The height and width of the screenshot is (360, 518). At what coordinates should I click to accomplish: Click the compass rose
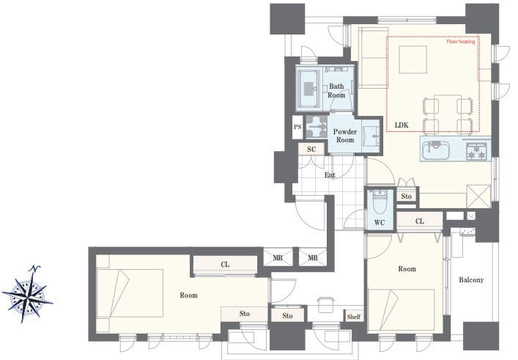click(x=27, y=294)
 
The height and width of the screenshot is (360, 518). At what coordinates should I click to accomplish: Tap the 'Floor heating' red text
click(x=461, y=42)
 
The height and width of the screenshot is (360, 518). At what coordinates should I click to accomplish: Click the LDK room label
click(x=402, y=125)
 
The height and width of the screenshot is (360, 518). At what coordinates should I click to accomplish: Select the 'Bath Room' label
click(x=336, y=91)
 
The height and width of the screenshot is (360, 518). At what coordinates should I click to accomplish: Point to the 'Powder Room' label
click(x=345, y=136)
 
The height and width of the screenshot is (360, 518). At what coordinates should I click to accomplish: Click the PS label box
click(x=297, y=127)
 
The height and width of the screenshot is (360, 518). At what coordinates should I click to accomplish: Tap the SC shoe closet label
click(x=311, y=149)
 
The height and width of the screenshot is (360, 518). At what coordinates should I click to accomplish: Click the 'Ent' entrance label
click(x=330, y=175)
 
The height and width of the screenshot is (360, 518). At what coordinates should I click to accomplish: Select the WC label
click(x=380, y=223)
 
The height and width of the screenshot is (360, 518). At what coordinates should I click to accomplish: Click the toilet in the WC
click(x=379, y=202)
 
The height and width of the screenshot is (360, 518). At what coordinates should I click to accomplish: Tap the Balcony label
click(x=471, y=280)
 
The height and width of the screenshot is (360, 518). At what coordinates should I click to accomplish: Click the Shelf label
click(x=353, y=317)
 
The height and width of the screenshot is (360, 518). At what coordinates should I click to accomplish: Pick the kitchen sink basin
click(x=436, y=150)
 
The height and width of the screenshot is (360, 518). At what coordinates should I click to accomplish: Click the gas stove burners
click(x=476, y=151)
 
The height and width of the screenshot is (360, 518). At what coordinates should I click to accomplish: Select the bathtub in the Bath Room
click(x=308, y=88)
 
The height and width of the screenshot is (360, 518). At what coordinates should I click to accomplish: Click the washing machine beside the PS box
click(x=317, y=127)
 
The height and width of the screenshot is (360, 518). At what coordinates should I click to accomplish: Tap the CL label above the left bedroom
click(x=225, y=265)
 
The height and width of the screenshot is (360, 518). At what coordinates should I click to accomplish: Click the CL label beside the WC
click(x=420, y=221)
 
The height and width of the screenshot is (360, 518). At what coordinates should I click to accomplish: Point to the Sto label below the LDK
click(x=407, y=196)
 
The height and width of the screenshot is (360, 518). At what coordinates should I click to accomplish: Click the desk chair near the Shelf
click(x=326, y=304)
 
